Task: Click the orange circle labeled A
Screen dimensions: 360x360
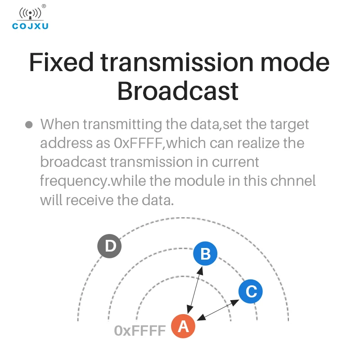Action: tap(183, 326)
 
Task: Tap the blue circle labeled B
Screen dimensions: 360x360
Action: tap(205, 254)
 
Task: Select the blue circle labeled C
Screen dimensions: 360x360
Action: tap(251, 292)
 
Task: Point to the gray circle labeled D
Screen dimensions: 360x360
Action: tap(110, 246)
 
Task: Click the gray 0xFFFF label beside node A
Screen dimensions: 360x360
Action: tap(140, 331)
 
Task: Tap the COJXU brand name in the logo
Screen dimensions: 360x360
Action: tap(30, 26)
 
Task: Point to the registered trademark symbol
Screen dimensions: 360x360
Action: tap(44, 6)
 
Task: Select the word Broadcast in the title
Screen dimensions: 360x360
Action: tap(178, 91)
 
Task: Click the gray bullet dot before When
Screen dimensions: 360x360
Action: tap(29, 124)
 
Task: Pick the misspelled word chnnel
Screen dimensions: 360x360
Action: tap(293, 181)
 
